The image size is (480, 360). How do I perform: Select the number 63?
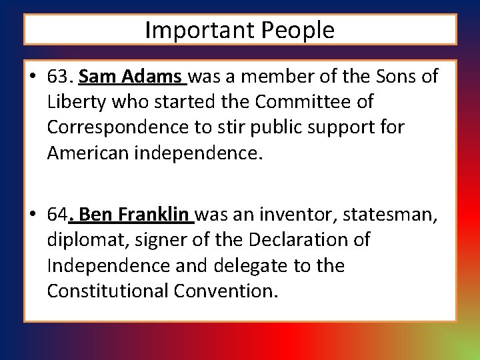[59, 77]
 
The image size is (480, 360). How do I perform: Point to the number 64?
[58, 215]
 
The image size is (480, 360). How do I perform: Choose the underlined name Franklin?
[154, 215]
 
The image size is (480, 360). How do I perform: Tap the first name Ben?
[98, 215]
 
